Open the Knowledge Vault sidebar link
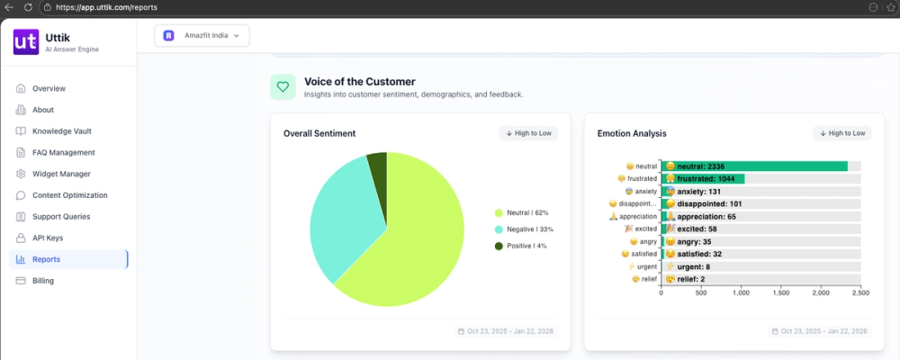tap(63, 131)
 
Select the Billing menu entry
tap(42, 281)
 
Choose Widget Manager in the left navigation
tap(61, 174)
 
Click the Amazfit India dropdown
tap(202, 36)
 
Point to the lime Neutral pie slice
tap(414, 243)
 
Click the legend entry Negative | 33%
tap(522, 229)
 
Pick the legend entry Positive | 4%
tap(521, 246)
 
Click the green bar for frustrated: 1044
tap(703, 179)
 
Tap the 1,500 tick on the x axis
tap(780, 293)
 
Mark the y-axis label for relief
tap(642, 279)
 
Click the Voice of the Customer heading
tap(359, 82)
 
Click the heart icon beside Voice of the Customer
tap(283, 87)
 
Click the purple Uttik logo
tap(24, 42)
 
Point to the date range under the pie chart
tap(508, 331)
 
